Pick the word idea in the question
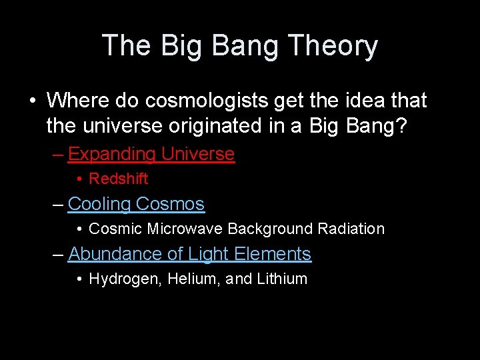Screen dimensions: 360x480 click(x=359, y=101)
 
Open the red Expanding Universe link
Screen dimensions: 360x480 click(x=151, y=154)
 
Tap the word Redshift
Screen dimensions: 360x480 click(x=119, y=179)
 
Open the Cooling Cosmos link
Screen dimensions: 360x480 click(x=136, y=204)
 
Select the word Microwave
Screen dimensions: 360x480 click(x=185, y=229)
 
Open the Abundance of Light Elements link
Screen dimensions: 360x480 click(x=189, y=254)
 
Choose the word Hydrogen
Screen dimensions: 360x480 click(x=125, y=279)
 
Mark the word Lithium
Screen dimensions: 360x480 click(x=282, y=279)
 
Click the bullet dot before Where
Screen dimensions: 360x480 click(x=33, y=101)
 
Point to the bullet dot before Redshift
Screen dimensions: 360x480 click(x=79, y=179)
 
